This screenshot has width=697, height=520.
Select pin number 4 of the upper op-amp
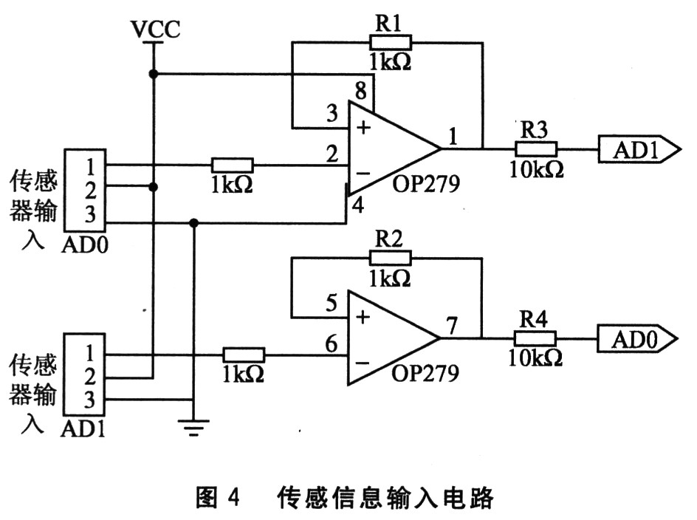[359, 206]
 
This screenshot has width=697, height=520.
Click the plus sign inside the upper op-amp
[363, 128]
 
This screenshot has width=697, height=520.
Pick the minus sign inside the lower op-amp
[363, 363]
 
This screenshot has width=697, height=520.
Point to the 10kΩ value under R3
[536, 168]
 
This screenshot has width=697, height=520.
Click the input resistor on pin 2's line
[233, 165]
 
